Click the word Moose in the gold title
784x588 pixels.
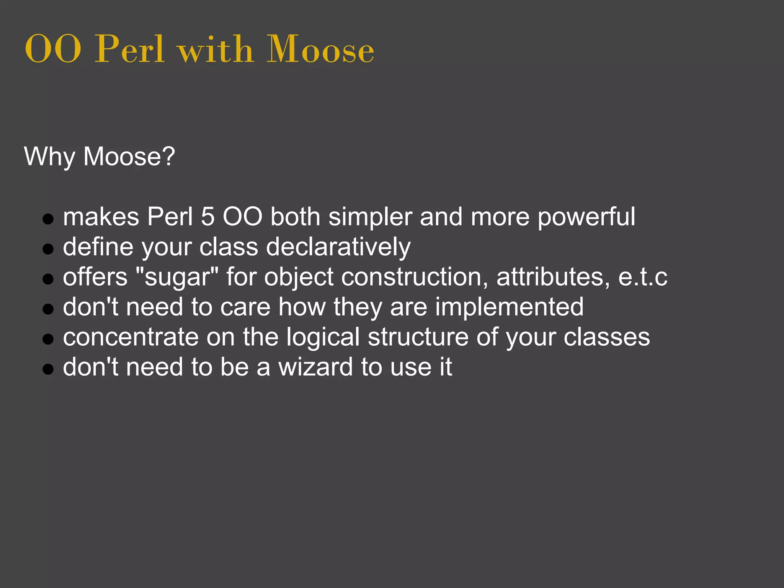click(x=320, y=49)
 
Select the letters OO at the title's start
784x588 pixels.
click(x=53, y=50)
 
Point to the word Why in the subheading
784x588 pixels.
click(x=49, y=157)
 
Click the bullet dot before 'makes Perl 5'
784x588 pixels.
click(x=48, y=219)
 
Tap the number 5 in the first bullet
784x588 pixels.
click(x=207, y=217)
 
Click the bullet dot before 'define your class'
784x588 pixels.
click(x=48, y=250)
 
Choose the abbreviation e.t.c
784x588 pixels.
click(x=643, y=277)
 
